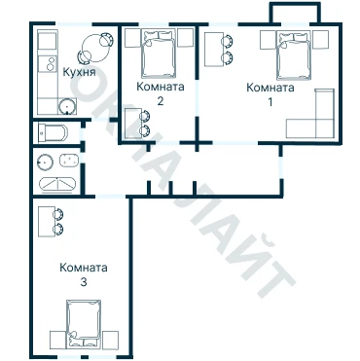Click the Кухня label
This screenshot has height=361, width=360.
79,72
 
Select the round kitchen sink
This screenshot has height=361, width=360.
67,106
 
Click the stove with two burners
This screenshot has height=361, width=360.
47,64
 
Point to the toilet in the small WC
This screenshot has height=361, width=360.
53,132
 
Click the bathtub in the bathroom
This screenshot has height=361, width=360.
57,185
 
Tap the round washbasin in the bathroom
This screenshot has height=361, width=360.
45,162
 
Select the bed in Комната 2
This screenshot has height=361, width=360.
160,54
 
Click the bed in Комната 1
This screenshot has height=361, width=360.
294,55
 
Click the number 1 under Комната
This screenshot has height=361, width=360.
270,102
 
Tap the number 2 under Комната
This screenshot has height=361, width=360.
161,101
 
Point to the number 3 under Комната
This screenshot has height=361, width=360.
84,282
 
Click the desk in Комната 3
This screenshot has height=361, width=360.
47,222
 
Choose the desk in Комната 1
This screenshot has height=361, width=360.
214,50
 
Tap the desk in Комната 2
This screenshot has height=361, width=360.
133,124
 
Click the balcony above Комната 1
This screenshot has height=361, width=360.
295,14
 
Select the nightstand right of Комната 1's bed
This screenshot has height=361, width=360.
321,40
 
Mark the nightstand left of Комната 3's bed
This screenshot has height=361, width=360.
57,340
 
